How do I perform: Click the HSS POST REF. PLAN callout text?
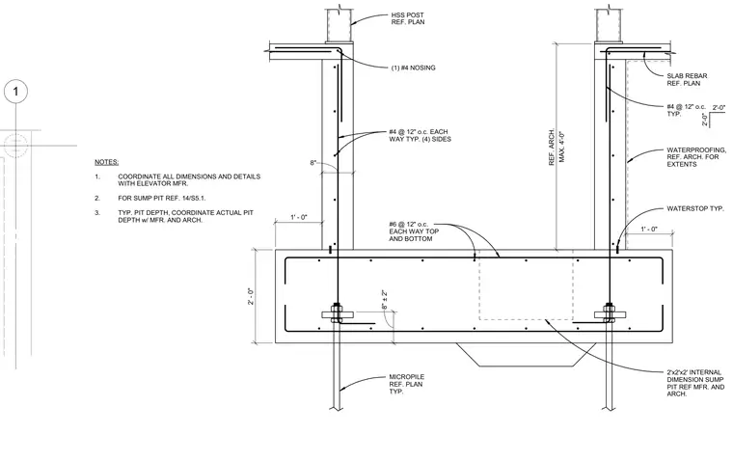coord(408,18)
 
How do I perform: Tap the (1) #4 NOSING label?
coord(413,68)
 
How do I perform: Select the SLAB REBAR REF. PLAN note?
coord(687,79)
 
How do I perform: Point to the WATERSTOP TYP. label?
coord(695,208)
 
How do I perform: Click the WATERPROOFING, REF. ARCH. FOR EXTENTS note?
coord(696,157)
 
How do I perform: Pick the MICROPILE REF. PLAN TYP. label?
coord(407,384)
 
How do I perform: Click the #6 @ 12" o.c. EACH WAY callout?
coord(414,231)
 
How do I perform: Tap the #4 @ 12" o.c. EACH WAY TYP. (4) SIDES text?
coord(420,136)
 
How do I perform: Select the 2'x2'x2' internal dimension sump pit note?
coord(695,383)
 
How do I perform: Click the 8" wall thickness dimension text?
coord(313,163)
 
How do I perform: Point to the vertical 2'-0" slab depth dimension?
coord(251,296)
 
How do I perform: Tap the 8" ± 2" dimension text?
coord(384,300)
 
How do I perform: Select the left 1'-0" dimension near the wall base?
coord(299,217)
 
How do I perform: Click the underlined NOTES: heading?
coord(107,162)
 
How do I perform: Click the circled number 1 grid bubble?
coord(15,92)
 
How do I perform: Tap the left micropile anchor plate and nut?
coord(337,312)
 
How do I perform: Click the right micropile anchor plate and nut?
coord(610,312)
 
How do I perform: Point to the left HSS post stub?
coord(339,25)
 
